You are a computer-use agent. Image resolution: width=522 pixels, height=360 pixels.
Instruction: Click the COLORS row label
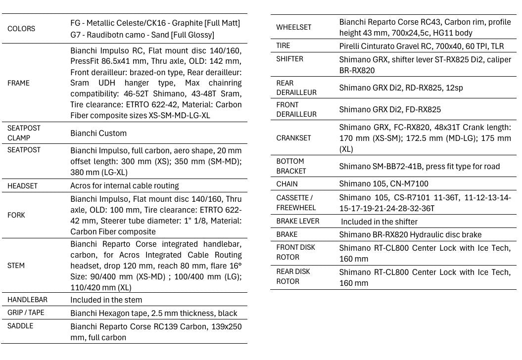pos(21,29)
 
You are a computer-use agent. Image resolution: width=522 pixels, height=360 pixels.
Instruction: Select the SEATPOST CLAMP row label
pos(24,133)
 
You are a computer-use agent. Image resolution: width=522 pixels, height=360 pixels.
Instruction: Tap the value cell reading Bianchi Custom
pos(98,133)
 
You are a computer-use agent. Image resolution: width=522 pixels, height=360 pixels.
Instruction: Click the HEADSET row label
pos(22,186)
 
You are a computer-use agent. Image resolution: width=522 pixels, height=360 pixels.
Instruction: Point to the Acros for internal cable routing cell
pos(125,186)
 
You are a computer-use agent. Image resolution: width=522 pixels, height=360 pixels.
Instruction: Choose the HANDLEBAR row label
pos(27,300)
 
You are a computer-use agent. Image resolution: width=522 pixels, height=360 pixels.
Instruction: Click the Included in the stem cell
pos(106,300)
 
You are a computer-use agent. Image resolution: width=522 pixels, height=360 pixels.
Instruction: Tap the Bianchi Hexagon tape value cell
pos(154,313)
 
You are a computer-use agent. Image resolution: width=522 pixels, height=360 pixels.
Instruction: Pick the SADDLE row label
pos(20,326)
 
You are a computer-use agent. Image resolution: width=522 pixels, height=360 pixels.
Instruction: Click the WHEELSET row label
pos(294,27)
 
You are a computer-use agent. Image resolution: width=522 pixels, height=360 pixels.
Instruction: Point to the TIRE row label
pos(283,45)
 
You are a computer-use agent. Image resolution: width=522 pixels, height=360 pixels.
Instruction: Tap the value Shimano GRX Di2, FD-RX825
pos(390,109)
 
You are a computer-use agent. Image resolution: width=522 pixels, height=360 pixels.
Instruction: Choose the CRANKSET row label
pos(293,138)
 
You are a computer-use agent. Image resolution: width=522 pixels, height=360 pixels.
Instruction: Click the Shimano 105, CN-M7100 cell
pos(384,184)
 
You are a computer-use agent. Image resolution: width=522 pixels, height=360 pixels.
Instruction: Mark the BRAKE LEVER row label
pos(297,221)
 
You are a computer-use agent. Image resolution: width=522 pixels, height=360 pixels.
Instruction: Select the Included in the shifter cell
pos(379,222)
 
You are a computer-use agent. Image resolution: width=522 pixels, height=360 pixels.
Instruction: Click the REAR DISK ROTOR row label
pos(293,276)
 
